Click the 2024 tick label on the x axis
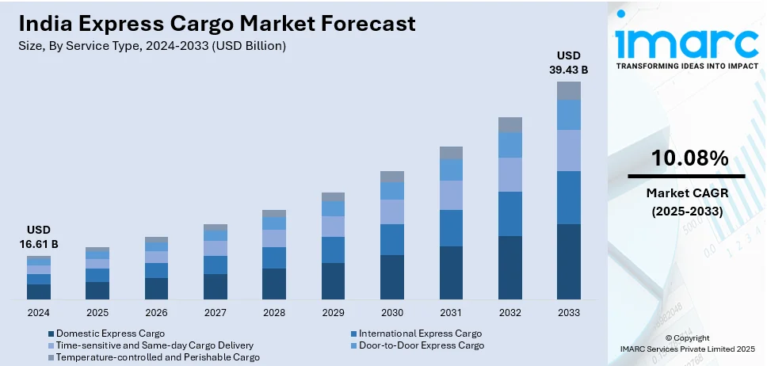point(38,313)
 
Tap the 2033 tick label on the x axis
point(568,313)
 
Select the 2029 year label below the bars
point(333,313)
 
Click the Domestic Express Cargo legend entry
point(111,334)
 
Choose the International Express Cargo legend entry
point(420,334)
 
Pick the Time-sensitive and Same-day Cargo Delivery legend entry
point(155,345)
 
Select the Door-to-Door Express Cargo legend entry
point(422,345)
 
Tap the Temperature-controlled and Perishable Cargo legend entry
point(158,357)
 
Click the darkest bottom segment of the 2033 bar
point(568,261)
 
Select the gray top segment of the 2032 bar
point(509,124)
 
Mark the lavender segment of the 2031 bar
point(451,195)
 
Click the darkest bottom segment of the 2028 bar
point(274,284)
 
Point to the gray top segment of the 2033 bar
point(568,90)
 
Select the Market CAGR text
point(686,193)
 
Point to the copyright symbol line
point(687,338)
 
